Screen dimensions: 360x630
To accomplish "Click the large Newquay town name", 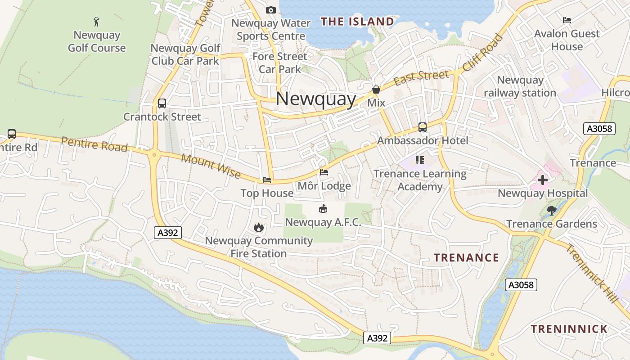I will tap(315, 99).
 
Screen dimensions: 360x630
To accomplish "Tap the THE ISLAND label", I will tap(357, 22).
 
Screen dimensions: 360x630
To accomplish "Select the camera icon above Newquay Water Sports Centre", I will tap(270, 10).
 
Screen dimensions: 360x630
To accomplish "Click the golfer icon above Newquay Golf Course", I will tap(96, 21).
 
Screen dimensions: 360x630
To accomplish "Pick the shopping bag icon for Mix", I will tap(376, 90).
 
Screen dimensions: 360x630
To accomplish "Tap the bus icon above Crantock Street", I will tap(162, 103).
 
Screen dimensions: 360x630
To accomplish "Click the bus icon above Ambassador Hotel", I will tap(422, 127).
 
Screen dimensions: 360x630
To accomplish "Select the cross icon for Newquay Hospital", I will tap(543, 180).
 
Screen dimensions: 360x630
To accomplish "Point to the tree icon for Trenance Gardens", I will tap(551, 210).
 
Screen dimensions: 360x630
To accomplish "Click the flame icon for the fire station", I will tap(258, 227).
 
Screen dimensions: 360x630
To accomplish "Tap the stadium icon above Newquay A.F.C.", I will tap(323, 208).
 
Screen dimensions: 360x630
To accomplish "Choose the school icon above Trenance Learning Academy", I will tap(420, 160).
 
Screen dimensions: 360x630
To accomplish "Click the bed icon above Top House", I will tap(267, 180).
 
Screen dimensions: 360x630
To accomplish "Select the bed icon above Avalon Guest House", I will tap(567, 20).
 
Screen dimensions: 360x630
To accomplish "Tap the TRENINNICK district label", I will tap(569, 329).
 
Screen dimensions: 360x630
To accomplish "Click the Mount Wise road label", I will tap(211, 166).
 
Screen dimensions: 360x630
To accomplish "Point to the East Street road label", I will tap(421, 78).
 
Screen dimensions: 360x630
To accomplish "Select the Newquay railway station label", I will tap(520, 86).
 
